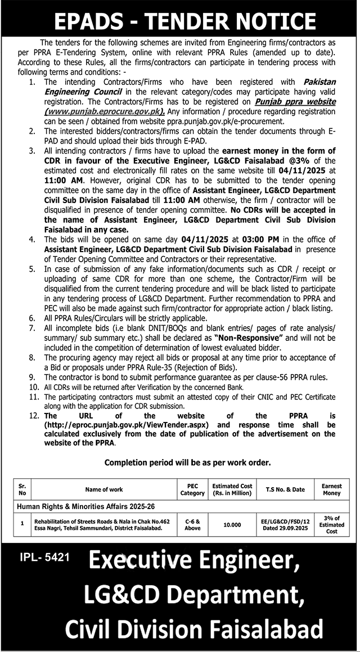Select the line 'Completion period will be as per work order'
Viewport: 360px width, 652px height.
pyautogui.click(x=188, y=462)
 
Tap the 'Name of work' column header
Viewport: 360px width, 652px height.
pyautogui.click(x=104, y=489)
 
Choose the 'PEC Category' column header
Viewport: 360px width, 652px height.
pyautogui.click(x=192, y=489)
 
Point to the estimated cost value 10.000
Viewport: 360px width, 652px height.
pyautogui.click(x=232, y=524)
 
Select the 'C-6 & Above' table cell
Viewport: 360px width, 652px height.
pyautogui.click(x=192, y=524)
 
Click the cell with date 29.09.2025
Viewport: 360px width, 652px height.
pyautogui.click(x=285, y=528)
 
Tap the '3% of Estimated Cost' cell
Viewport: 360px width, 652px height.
pyautogui.click(x=331, y=524)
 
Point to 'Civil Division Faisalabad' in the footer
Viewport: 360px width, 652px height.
pyautogui.click(x=194, y=628)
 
